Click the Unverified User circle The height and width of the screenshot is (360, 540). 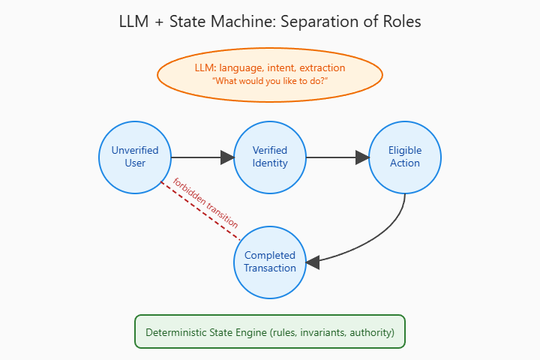tap(135, 157)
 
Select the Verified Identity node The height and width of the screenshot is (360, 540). tap(270, 157)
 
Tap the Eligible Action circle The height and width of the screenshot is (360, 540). tap(405, 157)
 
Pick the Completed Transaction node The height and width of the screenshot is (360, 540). tap(270, 262)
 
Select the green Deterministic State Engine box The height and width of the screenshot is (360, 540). tap(270, 331)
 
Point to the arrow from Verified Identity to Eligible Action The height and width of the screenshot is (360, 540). tap(334, 157)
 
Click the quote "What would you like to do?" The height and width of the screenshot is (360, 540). tap(270, 80)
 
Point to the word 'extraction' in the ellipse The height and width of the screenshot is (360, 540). tap(320, 67)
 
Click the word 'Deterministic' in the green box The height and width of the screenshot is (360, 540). tap(179, 331)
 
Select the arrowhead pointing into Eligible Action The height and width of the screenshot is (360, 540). tap(363, 157)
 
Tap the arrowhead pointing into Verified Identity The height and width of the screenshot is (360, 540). tap(227, 157)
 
